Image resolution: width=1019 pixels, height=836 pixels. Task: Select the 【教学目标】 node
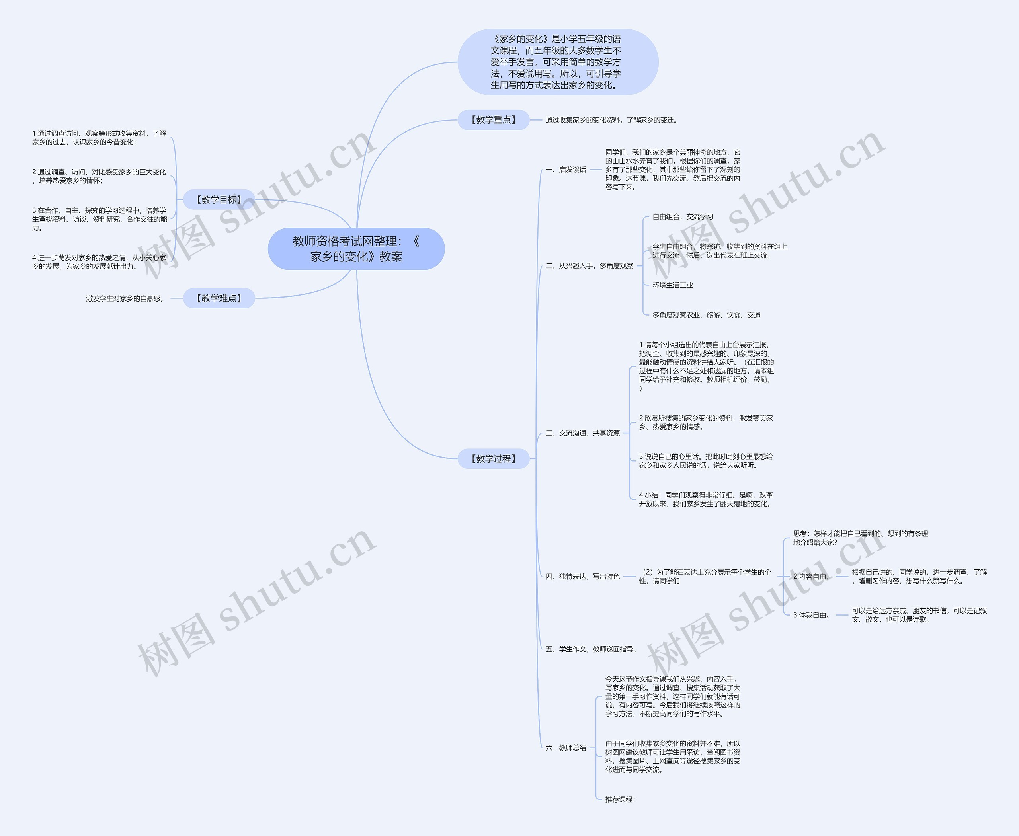pos(219,199)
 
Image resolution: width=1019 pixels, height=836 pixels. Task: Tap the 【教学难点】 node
pos(219,298)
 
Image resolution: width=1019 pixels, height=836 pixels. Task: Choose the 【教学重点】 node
pos(493,120)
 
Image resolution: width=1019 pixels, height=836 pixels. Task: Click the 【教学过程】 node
pos(493,458)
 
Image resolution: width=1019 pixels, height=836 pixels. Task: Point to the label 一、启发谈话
pos(566,170)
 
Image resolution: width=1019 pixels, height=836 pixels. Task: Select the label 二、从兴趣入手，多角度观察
pos(589,266)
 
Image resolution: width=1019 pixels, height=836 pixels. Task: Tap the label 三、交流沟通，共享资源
pos(582,433)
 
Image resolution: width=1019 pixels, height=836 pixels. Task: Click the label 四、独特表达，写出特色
pos(582,577)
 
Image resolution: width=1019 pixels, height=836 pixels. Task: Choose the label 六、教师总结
pos(566,748)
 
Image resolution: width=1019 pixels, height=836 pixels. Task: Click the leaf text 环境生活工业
pos(673,285)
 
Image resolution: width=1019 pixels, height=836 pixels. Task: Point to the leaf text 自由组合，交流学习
pos(683,217)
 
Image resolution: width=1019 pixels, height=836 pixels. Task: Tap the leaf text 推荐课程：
pos(621,799)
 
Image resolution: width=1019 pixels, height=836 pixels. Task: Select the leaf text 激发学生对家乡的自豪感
pos(126,298)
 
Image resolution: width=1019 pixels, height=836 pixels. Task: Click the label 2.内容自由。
pos(813,577)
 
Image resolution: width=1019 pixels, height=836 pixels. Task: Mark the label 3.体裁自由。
pos(813,615)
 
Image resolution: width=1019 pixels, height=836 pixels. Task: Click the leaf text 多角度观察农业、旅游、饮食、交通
pos(706,315)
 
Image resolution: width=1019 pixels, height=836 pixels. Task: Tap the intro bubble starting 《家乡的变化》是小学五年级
pos(557,62)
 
